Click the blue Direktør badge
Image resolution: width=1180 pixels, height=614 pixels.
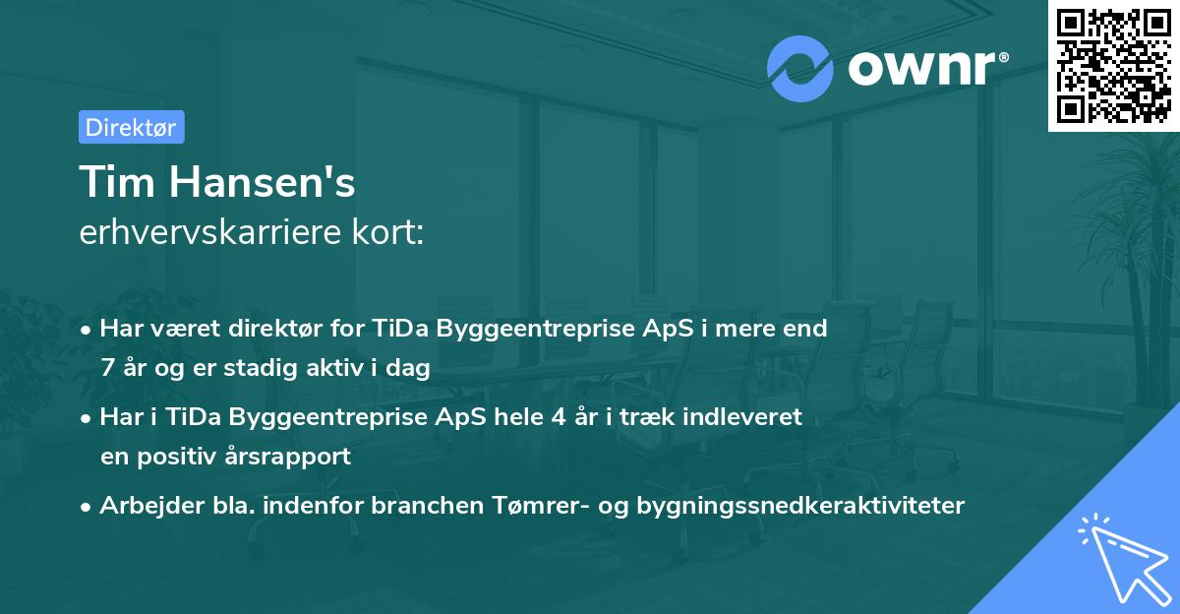coord(131,127)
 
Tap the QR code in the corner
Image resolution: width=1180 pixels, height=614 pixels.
coord(1113,65)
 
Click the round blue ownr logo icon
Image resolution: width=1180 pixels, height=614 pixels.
coord(800,68)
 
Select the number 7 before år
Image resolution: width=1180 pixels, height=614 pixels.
coord(106,368)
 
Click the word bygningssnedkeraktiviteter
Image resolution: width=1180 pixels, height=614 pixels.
coord(800,506)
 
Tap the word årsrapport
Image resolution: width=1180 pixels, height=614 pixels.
coord(295,457)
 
